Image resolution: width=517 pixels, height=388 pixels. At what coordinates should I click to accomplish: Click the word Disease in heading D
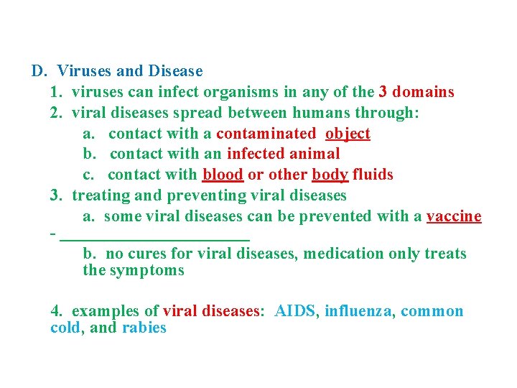[175, 71]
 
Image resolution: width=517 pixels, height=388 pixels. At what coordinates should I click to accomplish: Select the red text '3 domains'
[416, 92]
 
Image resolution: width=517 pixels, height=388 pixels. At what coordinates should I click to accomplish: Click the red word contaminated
[266, 134]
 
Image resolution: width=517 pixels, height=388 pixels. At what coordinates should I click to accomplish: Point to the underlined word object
[348, 134]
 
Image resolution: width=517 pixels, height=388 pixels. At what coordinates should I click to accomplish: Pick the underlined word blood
[223, 175]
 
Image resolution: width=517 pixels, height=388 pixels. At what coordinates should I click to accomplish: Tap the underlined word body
[330, 175]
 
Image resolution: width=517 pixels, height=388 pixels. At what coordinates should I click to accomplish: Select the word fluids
[373, 175]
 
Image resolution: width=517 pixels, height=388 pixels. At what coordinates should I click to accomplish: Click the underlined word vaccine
[454, 216]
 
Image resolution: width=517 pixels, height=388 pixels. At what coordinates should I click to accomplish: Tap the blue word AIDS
[295, 311]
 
